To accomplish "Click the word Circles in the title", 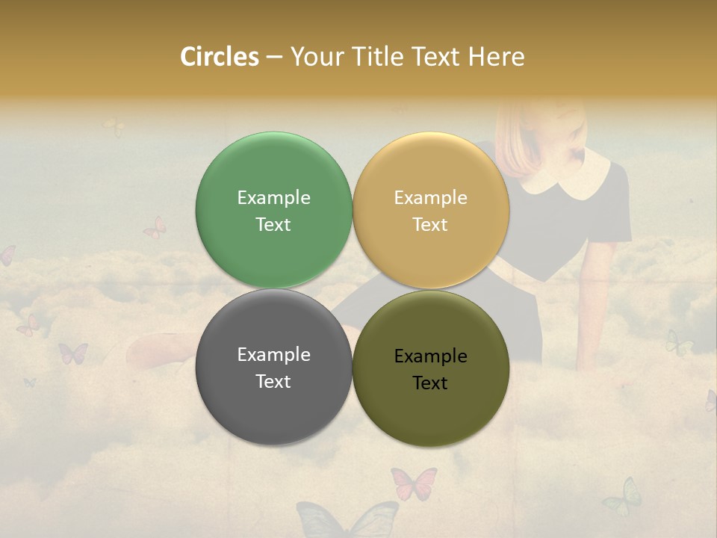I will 219,57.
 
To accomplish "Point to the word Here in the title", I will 496,57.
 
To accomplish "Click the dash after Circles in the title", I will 274,58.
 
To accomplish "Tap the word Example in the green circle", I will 273,197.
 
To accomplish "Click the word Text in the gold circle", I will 430,224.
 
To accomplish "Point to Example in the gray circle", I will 273,354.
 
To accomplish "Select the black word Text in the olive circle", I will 430,383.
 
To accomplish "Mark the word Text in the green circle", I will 273,224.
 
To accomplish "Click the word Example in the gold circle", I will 430,197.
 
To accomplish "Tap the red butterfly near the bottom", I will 413,483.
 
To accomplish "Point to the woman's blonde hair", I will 523,138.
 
